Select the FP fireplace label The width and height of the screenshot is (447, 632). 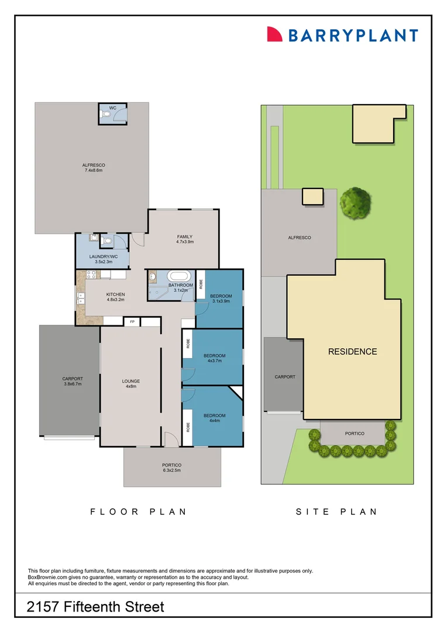[132, 322]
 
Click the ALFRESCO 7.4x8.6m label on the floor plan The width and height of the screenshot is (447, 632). [94, 168]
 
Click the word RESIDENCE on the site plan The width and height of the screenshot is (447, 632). [352, 352]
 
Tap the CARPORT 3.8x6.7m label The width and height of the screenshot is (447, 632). [73, 382]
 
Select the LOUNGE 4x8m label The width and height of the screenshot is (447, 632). [130, 384]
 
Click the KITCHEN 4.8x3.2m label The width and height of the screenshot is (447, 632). [115, 297]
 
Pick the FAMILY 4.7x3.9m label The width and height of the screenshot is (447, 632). [185, 239]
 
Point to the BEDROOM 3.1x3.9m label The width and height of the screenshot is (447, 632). [221, 299]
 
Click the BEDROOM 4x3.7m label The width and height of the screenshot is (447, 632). [214, 359]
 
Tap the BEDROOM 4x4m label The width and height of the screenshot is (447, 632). [214, 418]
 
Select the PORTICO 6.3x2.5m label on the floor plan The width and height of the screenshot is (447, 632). [171, 468]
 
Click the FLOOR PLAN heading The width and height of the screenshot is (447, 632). [138, 511]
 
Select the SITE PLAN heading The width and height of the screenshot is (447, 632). [336, 511]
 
